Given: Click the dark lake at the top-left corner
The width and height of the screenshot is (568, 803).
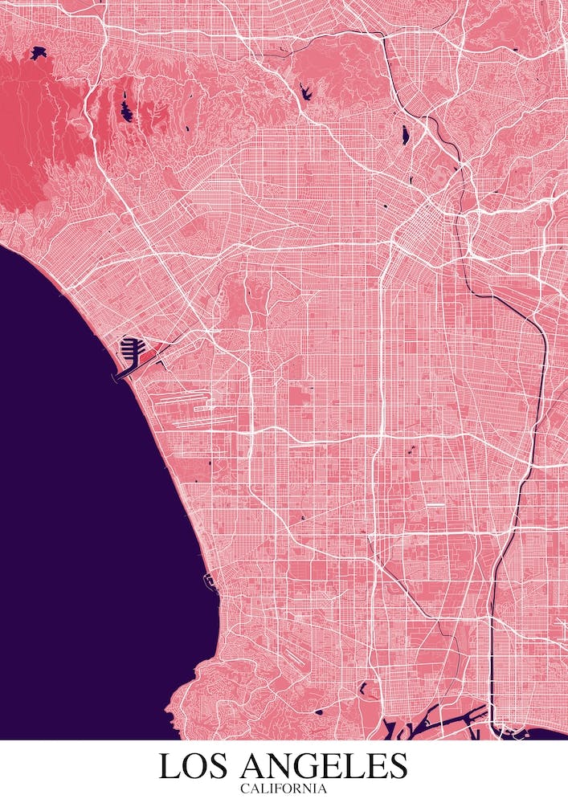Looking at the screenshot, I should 38,54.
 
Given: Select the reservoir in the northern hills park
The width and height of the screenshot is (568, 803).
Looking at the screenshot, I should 306,91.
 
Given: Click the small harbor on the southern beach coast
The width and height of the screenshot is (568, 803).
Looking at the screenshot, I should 208,580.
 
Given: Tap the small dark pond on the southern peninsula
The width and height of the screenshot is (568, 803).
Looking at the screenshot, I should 318,711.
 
